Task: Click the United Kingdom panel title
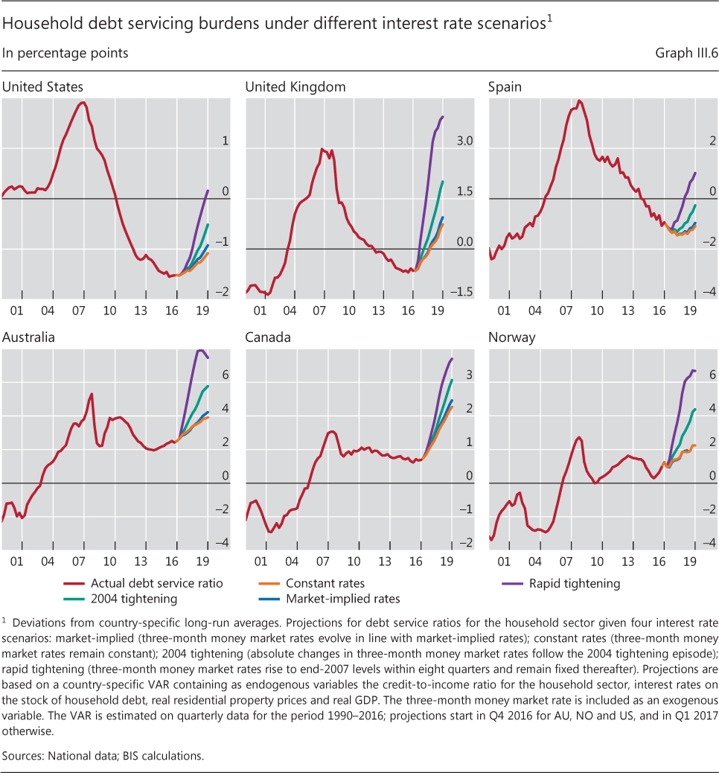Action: click(x=295, y=87)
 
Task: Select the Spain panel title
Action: click(x=505, y=87)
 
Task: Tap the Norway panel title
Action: click(x=511, y=337)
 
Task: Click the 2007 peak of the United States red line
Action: click(x=83, y=102)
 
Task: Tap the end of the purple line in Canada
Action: click(x=452, y=359)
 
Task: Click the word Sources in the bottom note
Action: click(x=23, y=754)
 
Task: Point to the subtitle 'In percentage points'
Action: click(x=65, y=54)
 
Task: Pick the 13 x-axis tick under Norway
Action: click(x=628, y=560)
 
